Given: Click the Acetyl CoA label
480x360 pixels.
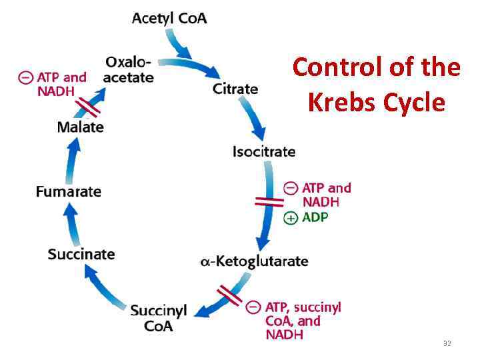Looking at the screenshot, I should [169, 18].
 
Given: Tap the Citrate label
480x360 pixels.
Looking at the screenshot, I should [235, 88].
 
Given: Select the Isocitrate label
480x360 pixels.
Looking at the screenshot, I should [263, 151].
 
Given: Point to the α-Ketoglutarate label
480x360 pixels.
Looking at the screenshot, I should [254, 261].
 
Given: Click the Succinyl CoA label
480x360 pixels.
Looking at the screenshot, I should [158, 318].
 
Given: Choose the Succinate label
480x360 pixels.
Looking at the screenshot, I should [81, 254].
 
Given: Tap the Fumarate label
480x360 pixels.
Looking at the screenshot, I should [69, 191].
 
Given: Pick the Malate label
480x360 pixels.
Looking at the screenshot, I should [81, 127].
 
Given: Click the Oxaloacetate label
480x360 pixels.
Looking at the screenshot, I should [129, 69].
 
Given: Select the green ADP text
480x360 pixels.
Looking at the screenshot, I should [315, 217].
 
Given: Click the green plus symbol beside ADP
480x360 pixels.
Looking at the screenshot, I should [291, 218].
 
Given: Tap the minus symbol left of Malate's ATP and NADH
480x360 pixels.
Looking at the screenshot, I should [25, 77].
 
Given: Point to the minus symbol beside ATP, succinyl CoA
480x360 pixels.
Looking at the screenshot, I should [253, 307].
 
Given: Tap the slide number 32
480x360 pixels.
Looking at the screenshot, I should [447, 343].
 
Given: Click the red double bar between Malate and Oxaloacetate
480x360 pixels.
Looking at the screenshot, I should [88, 106].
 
